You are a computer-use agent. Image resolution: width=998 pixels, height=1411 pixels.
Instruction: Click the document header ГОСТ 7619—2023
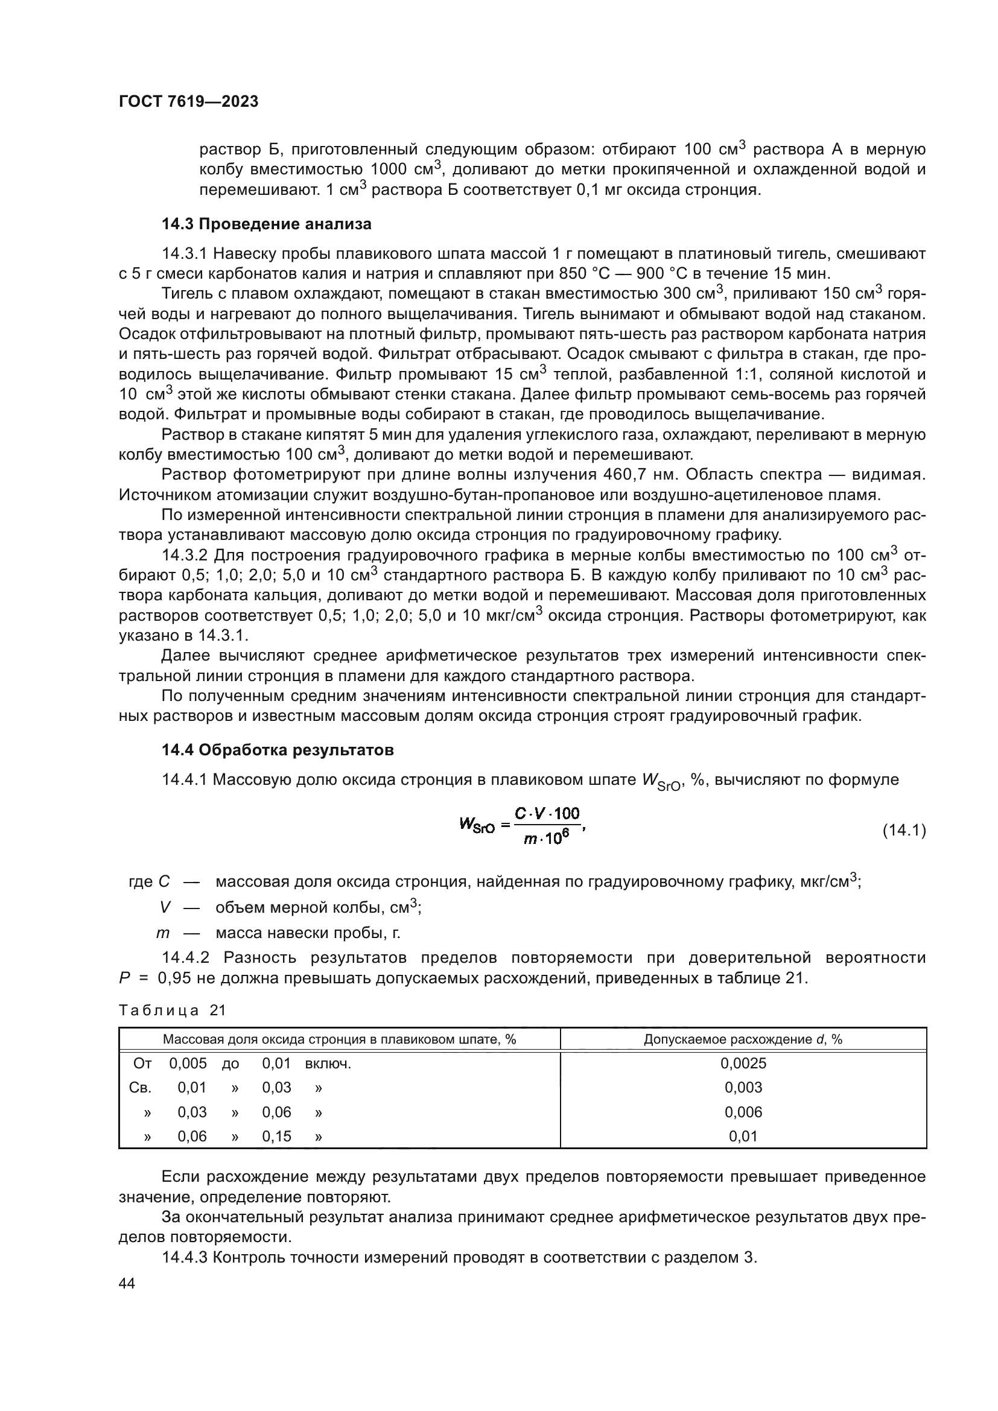click(x=188, y=102)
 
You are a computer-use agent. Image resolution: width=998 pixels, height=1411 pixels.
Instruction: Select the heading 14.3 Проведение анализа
click(x=266, y=224)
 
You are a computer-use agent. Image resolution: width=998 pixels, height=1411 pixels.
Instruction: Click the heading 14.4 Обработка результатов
click(x=277, y=750)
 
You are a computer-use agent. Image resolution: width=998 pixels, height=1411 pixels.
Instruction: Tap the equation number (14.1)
click(x=903, y=830)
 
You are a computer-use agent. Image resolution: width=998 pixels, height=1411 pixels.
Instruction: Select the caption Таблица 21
click(x=172, y=1010)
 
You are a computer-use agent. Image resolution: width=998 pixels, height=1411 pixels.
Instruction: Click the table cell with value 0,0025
click(x=743, y=1064)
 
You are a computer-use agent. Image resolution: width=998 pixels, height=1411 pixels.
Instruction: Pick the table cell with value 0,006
click(x=743, y=1112)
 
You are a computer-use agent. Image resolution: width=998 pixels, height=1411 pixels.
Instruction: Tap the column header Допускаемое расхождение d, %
click(x=743, y=1039)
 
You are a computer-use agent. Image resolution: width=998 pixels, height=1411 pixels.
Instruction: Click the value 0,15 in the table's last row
click(x=276, y=1137)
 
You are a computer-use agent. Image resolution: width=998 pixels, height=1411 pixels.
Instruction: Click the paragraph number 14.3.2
click(x=185, y=556)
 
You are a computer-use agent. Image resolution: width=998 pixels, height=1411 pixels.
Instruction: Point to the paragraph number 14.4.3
click(x=185, y=1257)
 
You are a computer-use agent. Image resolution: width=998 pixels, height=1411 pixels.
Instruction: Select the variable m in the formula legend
click(x=163, y=933)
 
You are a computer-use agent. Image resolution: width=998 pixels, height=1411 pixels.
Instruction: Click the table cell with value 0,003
click(x=743, y=1088)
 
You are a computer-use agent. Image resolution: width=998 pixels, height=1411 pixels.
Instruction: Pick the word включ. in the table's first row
click(x=328, y=1064)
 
